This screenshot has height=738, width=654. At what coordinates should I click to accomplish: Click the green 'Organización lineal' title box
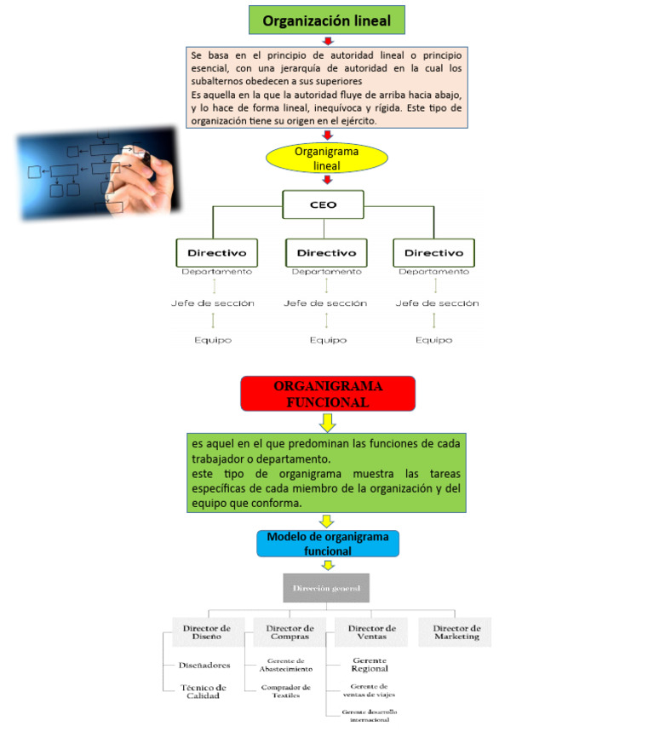(326, 20)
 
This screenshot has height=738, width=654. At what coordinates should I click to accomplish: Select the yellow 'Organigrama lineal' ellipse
(327, 158)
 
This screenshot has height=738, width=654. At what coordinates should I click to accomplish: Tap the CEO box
(323, 205)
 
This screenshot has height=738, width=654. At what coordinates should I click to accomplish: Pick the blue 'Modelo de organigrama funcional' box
(328, 544)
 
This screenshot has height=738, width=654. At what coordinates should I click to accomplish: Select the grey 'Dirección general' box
(326, 588)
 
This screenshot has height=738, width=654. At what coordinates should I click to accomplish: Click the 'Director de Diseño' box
(207, 632)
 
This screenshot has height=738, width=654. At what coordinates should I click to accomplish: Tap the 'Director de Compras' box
(288, 632)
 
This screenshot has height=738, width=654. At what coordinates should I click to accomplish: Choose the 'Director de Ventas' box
(370, 632)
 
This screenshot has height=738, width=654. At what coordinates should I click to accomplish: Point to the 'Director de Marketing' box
(456, 632)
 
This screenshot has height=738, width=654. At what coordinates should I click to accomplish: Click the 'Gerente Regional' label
(370, 664)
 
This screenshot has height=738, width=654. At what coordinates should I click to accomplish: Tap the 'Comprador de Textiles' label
(285, 690)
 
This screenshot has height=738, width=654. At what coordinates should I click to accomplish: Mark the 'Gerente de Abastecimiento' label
(285, 665)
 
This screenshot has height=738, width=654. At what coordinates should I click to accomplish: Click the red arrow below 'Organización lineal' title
(328, 41)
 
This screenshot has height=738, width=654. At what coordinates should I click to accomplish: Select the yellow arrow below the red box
(328, 422)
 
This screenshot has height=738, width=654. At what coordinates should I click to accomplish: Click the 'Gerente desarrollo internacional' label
(370, 715)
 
